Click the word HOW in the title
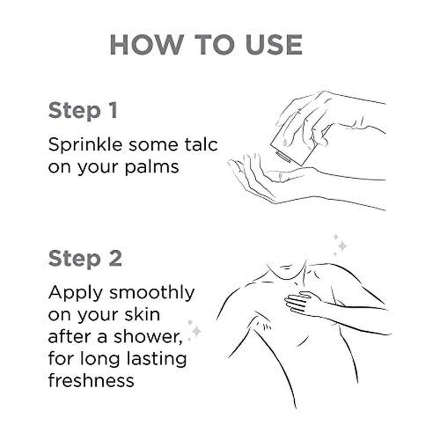(x=146, y=45)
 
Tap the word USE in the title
(x=274, y=45)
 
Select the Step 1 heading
(x=83, y=111)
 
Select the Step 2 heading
(x=85, y=258)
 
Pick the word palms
(x=152, y=168)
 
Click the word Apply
(x=75, y=294)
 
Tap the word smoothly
(x=152, y=294)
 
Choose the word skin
(x=142, y=314)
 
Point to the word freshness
(x=91, y=380)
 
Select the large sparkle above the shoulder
(x=342, y=246)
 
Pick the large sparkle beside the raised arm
(x=197, y=331)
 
